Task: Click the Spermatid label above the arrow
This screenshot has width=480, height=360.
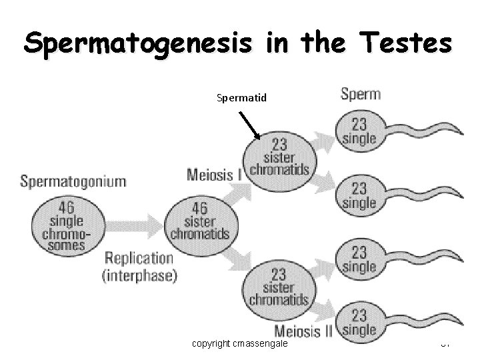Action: [241, 98]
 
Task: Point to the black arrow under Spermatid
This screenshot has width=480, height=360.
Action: [250, 126]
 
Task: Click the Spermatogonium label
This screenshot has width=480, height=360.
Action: [73, 181]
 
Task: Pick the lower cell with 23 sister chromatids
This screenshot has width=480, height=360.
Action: [279, 286]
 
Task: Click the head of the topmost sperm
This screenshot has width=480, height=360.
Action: [359, 131]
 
